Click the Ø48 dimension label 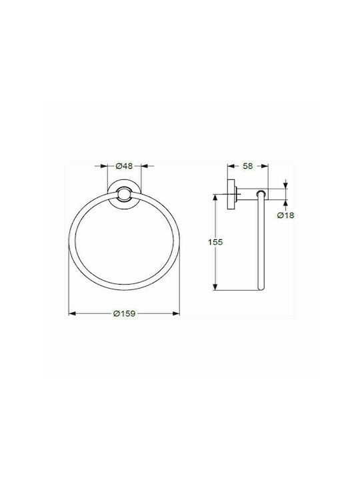tap(124, 166)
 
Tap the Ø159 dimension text tap(124, 313)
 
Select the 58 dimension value tap(247, 166)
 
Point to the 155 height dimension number tap(215, 242)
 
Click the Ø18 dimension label tap(285, 215)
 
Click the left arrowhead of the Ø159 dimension tap(72, 313)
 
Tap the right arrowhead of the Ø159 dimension tap(176, 313)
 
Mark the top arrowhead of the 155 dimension tap(215, 197)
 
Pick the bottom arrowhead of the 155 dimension tap(215, 287)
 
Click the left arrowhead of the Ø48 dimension tap(105, 166)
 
